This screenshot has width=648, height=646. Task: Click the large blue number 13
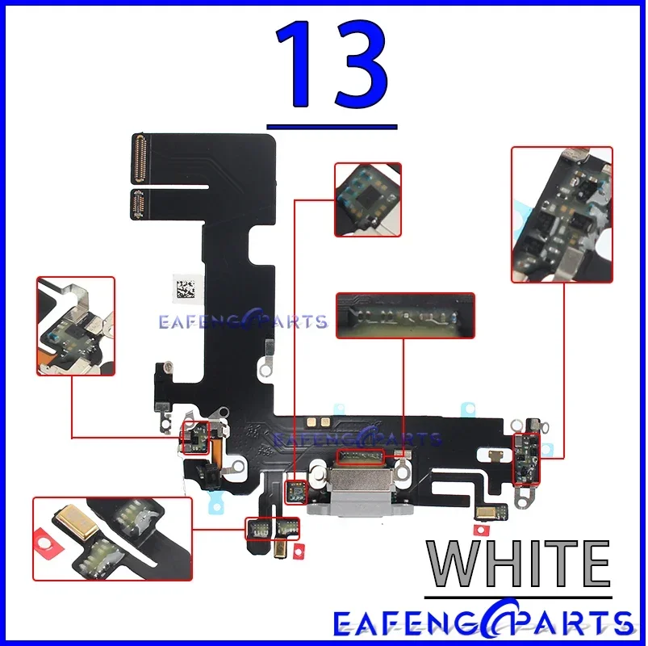tap(332, 64)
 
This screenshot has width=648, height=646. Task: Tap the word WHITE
tap(518, 564)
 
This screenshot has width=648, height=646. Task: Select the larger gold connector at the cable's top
tap(138, 159)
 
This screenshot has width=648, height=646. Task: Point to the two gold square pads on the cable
tap(318, 422)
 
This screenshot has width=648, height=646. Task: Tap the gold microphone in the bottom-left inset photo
tap(77, 522)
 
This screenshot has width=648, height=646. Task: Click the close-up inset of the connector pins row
tap(405, 316)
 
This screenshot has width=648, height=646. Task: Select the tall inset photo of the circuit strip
tap(562, 215)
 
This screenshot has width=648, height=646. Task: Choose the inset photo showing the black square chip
tap(368, 199)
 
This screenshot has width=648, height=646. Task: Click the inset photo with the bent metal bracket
tap(76, 326)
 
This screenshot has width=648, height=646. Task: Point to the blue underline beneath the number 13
tap(332, 127)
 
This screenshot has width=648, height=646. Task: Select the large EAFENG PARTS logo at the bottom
tap(483, 623)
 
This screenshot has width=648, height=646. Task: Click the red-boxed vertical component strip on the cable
tap(526, 459)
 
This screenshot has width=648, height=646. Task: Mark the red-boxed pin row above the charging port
tap(361, 457)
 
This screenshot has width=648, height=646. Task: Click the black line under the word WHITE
tap(518, 598)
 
